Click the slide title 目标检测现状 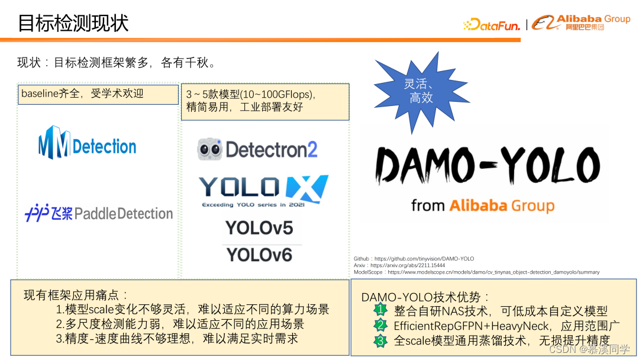point(73,22)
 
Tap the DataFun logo point(491,25)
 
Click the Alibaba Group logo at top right point(581,22)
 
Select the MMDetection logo point(88,143)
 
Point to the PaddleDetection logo point(99,213)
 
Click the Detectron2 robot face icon point(209,149)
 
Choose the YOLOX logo point(263,189)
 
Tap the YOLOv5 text point(259,228)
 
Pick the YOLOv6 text point(259,255)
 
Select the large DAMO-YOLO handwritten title point(489,165)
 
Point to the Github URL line point(414,259)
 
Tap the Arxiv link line point(399,265)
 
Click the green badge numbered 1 point(380,310)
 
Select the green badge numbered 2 point(380,325)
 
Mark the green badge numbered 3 point(380,340)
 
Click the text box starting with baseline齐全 point(98,94)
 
